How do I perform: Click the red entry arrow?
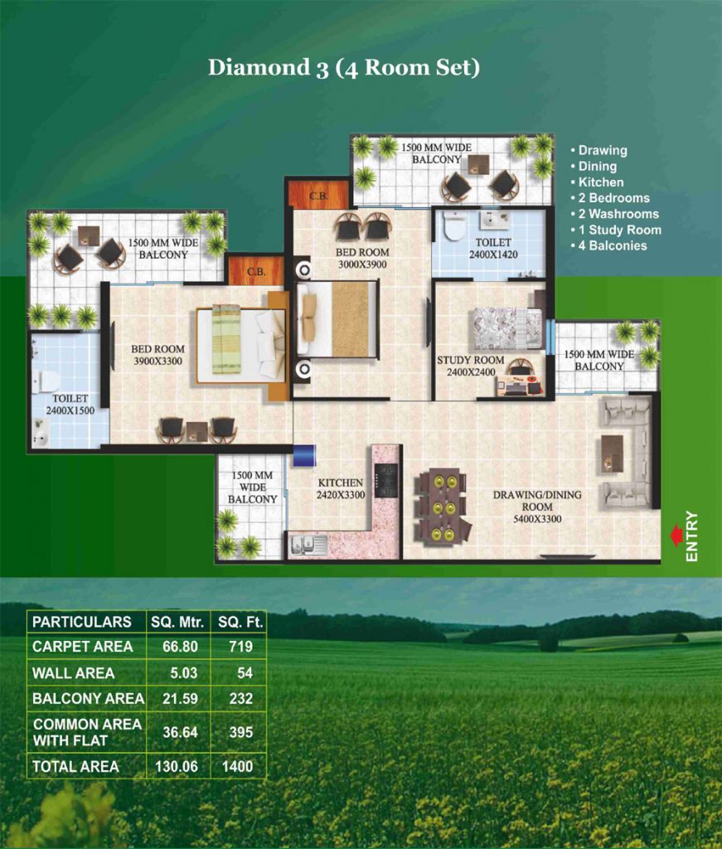click(676, 536)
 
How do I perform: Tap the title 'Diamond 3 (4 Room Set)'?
click(344, 68)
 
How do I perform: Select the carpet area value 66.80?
click(180, 647)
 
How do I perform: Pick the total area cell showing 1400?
click(238, 766)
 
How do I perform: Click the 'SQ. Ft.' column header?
click(240, 622)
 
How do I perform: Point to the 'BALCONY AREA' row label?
click(88, 698)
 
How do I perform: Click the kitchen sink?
click(308, 545)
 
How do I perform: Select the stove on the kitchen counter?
click(386, 480)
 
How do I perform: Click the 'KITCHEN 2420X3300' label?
click(341, 488)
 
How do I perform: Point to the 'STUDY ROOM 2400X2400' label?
click(470, 366)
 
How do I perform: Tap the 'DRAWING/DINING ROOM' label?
click(537, 501)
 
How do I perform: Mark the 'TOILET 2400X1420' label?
click(493, 249)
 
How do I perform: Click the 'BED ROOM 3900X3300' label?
click(157, 355)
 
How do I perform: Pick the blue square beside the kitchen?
click(303, 455)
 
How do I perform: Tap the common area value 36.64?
click(180, 733)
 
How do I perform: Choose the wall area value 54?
click(245, 673)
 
